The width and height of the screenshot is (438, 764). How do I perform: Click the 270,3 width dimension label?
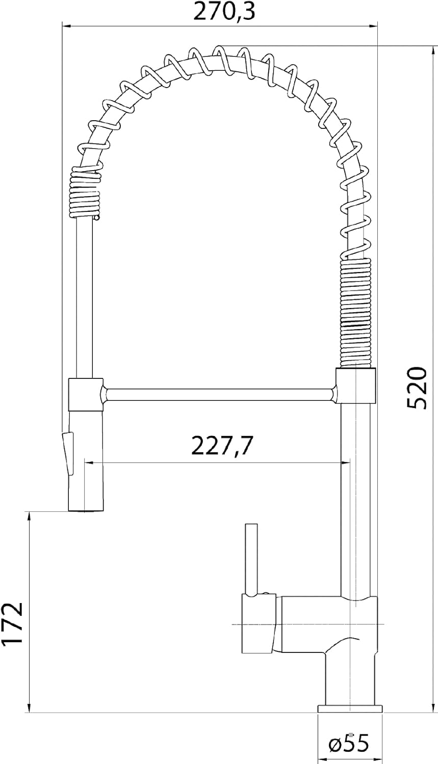[x=224, y=11]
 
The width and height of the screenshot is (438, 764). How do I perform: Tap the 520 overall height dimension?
[x=417, y=388]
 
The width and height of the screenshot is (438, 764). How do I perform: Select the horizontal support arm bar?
[x=219, y=394]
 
